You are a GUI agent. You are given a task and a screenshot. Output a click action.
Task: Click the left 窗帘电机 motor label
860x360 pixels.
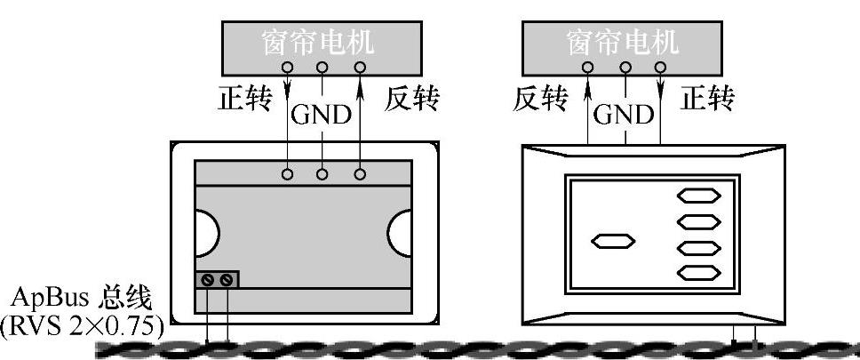[x=322, y=42]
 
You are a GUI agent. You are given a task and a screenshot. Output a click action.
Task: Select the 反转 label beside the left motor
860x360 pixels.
[x=411, y=100]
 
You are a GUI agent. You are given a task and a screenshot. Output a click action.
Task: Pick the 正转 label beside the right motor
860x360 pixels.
[x=707, y=100]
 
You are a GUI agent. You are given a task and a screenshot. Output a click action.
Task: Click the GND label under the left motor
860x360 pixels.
[x=322, y=116]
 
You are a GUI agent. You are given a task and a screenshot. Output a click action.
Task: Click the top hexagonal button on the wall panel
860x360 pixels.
[x=699, y=196]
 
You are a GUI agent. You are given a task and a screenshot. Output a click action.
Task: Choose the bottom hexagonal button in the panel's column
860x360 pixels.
[x=699, y=272]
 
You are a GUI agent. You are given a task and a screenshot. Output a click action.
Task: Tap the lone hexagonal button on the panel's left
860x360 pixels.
[x=613, y=240]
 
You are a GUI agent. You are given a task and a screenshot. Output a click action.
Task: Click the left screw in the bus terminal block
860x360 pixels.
[x=208, y=281]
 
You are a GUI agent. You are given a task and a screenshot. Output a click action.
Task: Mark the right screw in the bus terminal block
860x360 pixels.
[x=227, y=281]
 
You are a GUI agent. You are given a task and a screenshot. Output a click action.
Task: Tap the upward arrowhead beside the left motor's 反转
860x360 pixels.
[x=360, y=84]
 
